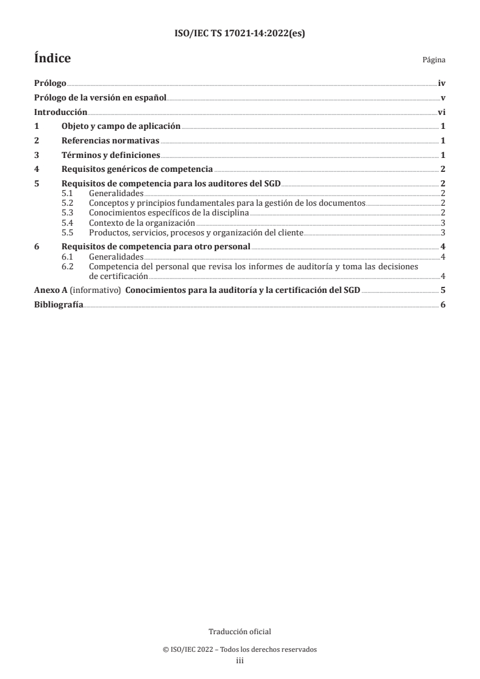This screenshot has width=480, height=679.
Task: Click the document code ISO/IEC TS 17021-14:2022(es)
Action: pos(240,34)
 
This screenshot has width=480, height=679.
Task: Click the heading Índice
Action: pos(53,59)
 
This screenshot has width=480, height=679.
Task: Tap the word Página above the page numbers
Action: pos(434,61)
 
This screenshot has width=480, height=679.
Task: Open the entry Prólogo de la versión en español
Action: pos(100,97)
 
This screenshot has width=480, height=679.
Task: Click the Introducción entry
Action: pos(61,112)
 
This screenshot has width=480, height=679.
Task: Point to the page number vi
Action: pos(442,112)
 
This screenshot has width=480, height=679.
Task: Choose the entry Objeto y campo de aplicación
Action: pos(121,126)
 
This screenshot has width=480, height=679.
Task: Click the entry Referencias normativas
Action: pos(110,140)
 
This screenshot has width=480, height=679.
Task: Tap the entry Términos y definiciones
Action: pos(111,155)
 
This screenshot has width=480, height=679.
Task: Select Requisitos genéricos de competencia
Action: pos(137,169)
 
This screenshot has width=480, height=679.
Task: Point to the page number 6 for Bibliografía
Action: pos(443,305)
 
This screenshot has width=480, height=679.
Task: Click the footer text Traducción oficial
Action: pos(240,632)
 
